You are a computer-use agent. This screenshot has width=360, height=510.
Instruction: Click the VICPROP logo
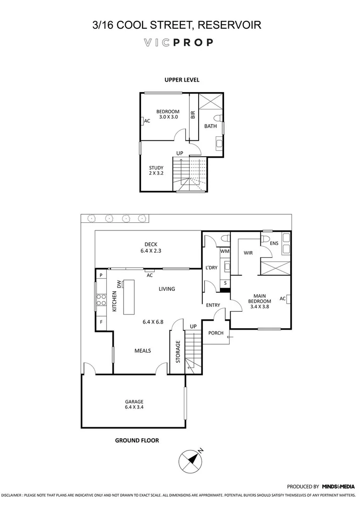pyautogui.click(x=178, y=42)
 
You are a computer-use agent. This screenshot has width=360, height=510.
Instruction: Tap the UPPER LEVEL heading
pyautogui.click(x=182, y=80)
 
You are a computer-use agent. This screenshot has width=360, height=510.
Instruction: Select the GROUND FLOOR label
pyautogui.click(x=137, y=440)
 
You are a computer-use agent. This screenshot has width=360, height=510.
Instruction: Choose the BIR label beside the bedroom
pyautogui.click(x=193, y=115)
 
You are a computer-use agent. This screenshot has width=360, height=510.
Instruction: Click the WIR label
pyautogui.click(x=248, y=253)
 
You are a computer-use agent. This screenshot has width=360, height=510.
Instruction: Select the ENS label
pyautogui.click(x=274, y=244)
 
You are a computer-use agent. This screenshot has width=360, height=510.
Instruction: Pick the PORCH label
pyautogui.click(x=216, y=333)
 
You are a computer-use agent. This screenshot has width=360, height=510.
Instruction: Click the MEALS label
pyautogui.click(x=142, y=350)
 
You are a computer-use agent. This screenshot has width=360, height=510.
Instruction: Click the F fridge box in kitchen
pyautogui.click(x=100, y=323)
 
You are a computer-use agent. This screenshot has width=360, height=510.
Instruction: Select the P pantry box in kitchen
pyautogui.click(x=100, y=275)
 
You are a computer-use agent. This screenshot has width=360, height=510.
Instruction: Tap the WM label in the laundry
pyautogui.click(x=225, y=252)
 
